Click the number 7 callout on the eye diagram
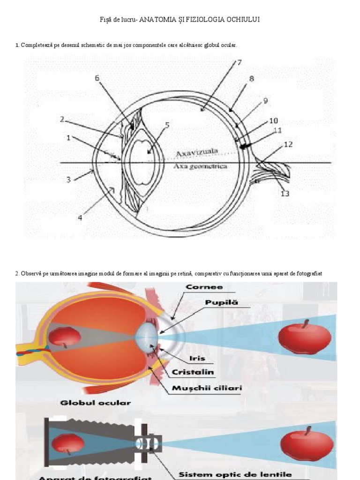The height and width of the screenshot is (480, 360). pos(239,62)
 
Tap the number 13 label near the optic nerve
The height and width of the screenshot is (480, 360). pos(285,194)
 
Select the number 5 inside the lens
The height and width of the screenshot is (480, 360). pos(167,126)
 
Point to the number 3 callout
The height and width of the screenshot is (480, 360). pos(68,180)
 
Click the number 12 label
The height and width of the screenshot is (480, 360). pos(288,144)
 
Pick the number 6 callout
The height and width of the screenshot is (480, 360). pos(97,78)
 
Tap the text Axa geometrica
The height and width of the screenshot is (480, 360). pos(200,166)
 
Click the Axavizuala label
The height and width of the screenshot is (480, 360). pos(197,152)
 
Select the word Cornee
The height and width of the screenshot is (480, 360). pos(204,286)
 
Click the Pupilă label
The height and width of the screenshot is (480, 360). pos(222,302)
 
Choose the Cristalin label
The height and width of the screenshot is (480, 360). pos(193,372)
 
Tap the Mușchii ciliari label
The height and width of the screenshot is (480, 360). pos(200,388)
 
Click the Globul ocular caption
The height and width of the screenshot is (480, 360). pos(95,402)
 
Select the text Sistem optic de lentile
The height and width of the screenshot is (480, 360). pos(235,474)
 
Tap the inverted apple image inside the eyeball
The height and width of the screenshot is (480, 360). pos(65,336)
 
